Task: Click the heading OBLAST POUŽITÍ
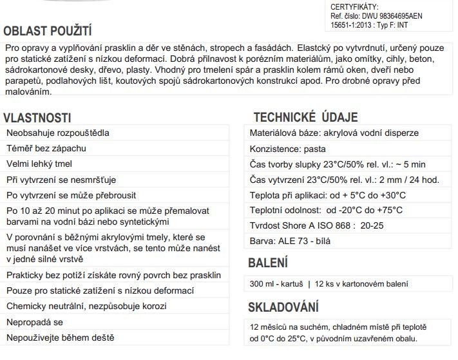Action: tap(48, 30)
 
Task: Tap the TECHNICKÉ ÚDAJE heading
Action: tap(305, 117)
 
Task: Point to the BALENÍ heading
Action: tap(268, 263)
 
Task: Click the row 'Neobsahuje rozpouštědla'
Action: tap(58, 133)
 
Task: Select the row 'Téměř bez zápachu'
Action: tap(46, 148)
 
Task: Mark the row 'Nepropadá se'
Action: tap(35, 321)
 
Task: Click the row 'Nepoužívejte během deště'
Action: tap(60, 337)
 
